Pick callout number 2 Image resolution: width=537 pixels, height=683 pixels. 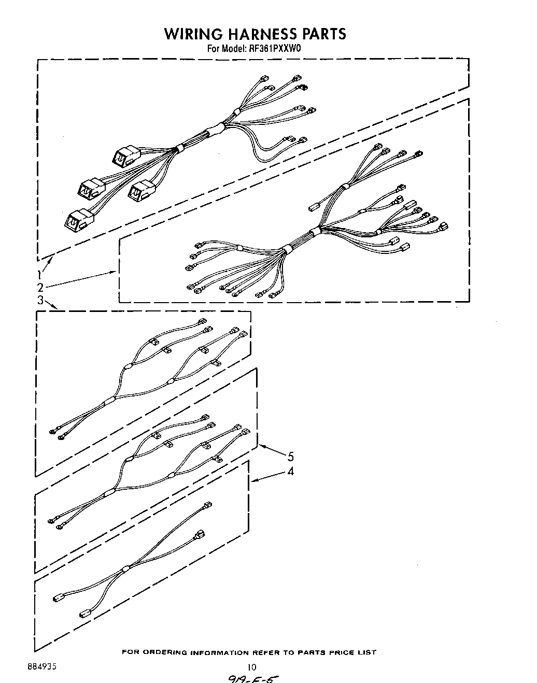(39, 288)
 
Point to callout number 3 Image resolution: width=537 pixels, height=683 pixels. (39, 300)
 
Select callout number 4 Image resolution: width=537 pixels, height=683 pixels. (291, 472)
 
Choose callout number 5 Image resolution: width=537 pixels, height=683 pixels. (291, 457)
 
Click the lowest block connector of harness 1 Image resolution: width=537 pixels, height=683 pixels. (76, 219)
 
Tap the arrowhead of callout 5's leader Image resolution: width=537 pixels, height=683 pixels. (260, 445)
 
